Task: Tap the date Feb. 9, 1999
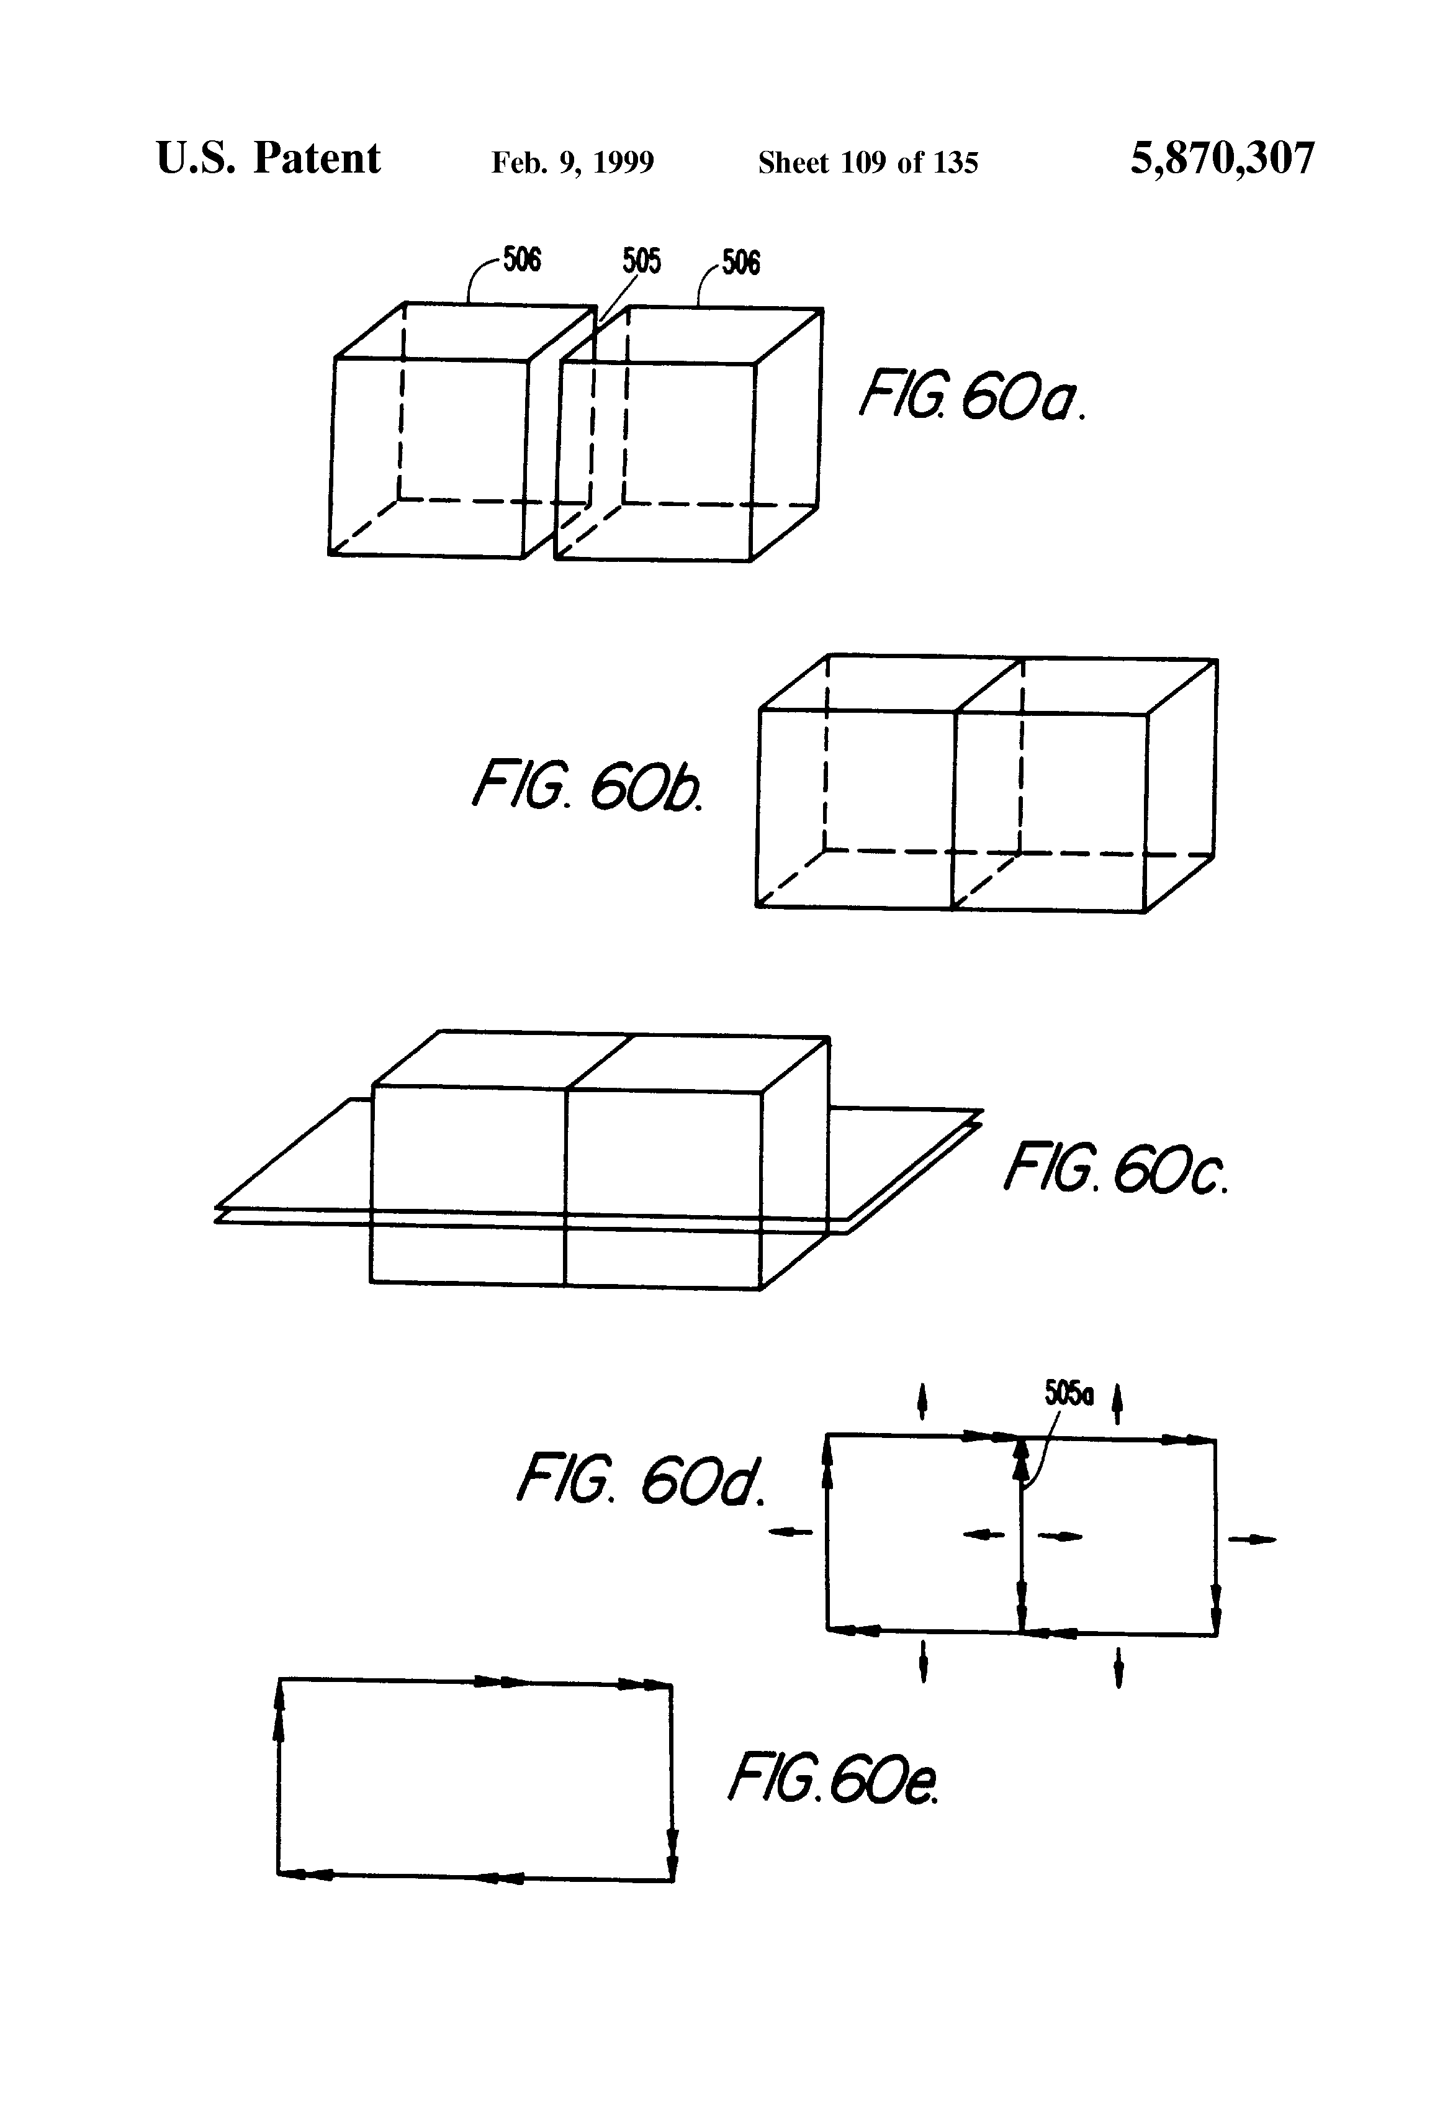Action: pos(572,163)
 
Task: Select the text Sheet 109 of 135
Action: pos(868,163)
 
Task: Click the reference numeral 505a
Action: pos(1069,1393)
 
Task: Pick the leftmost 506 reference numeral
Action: pos(521,260)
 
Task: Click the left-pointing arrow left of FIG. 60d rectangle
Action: pos(790,1532)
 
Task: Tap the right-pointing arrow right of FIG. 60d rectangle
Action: pos(1253,1540)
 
